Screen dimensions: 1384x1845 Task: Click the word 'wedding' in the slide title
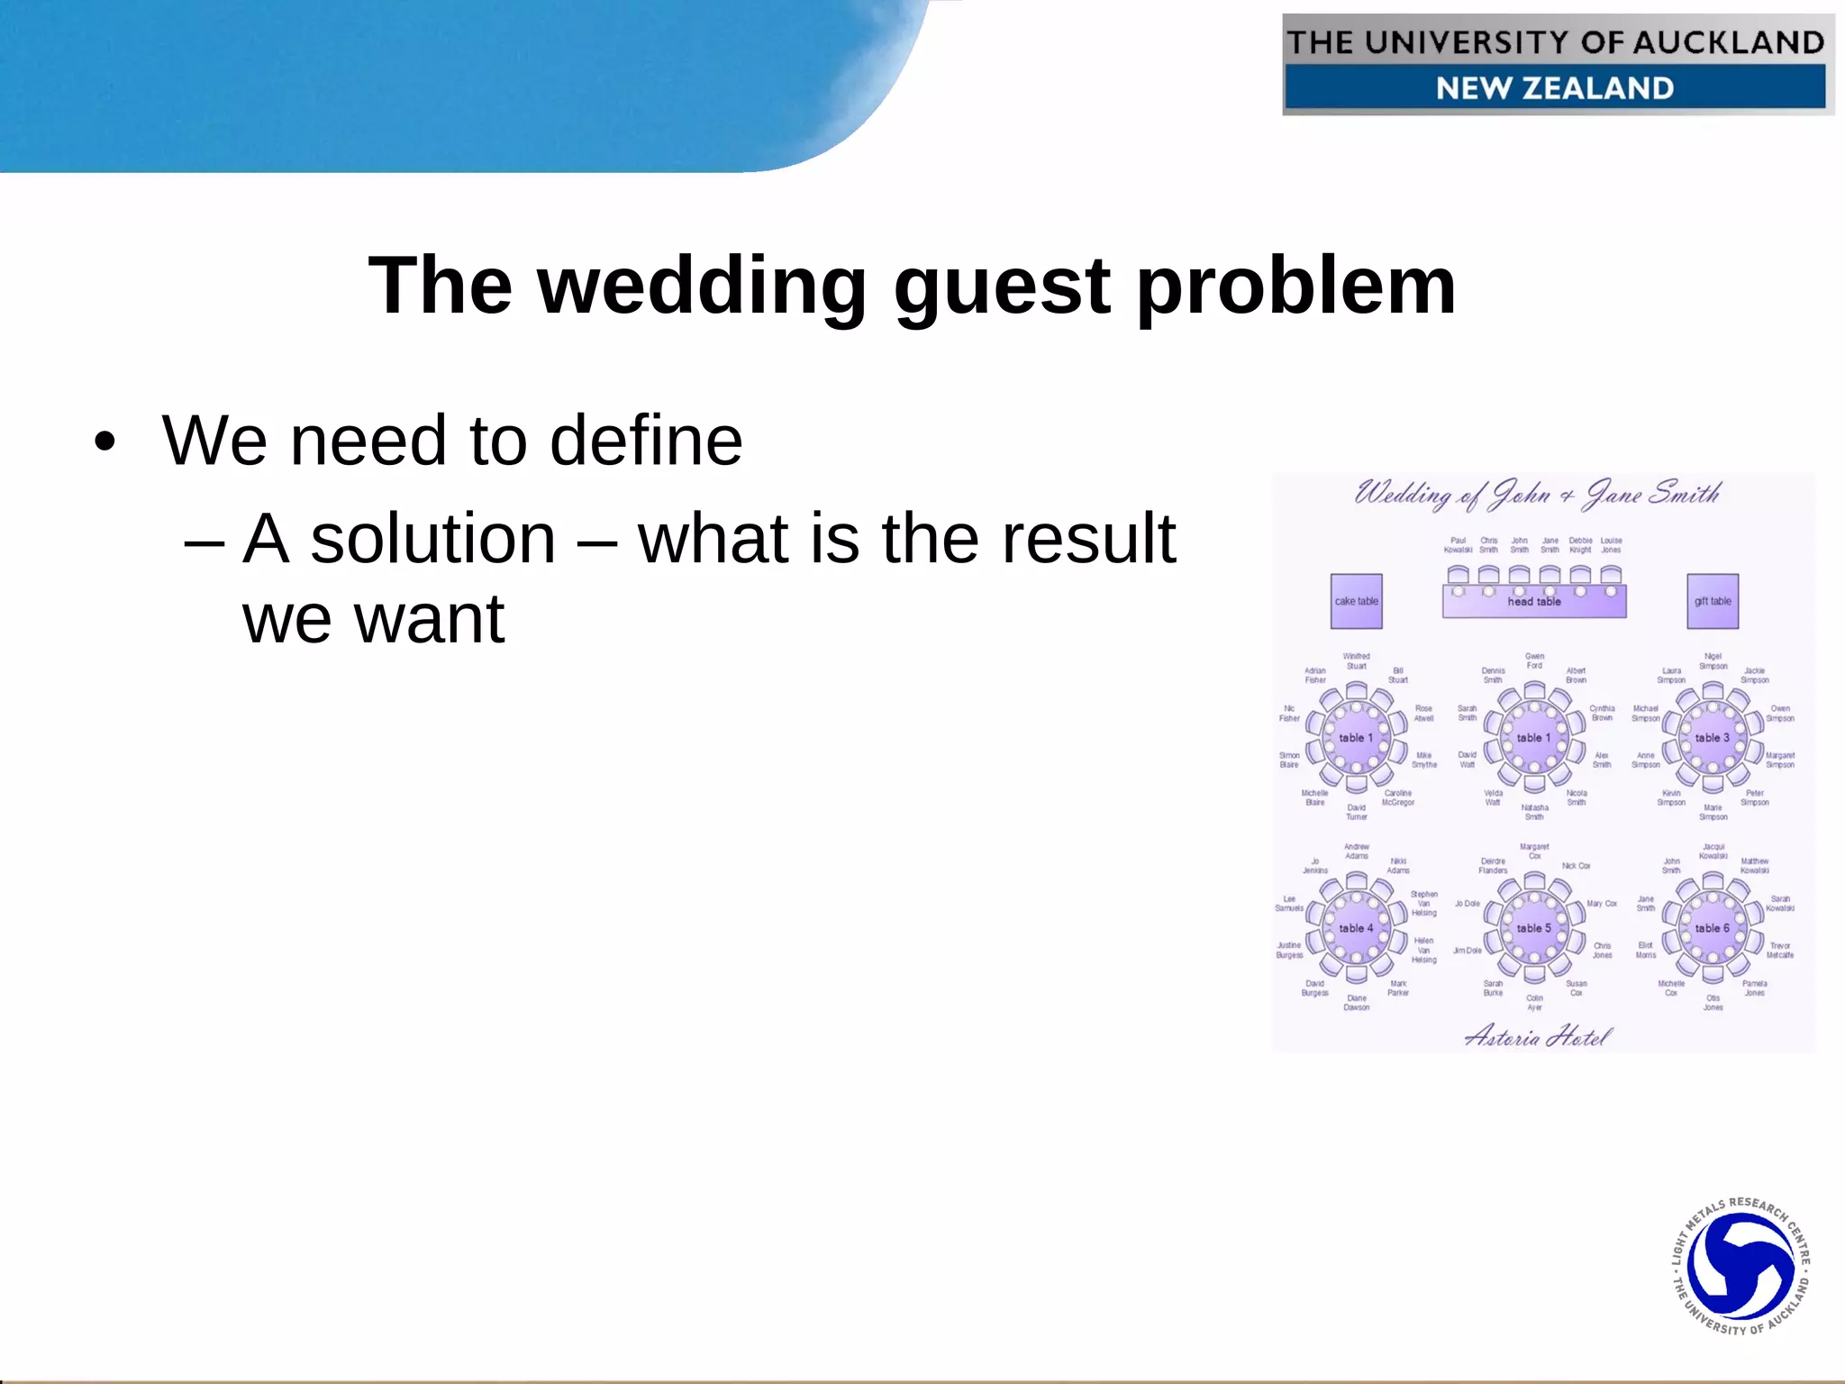click(x=702, y=287)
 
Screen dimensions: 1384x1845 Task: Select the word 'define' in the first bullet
click(x=646, y=441)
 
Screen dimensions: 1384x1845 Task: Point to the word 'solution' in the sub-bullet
click(x=433, y=539)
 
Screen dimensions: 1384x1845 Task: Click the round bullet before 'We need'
click(x=105, y=442)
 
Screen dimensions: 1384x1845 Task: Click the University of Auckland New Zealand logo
click(x=1557, y=65)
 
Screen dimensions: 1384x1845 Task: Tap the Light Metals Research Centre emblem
click(x=1740, y=1265)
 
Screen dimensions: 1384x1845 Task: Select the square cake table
click(x=1356, y=601)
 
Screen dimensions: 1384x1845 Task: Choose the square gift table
click(x=1712, y=601)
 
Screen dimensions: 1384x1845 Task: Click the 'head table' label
click(x=1534, y=601)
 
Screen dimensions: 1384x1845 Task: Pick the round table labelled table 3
click(x=1712, y=737)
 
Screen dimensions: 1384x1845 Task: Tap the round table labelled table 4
click(x=1356, y=928)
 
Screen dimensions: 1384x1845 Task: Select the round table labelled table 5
click(x=1534, y=928)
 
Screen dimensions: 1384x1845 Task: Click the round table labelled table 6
click(x=1712, y=928)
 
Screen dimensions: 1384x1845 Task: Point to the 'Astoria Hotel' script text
click(x=1537, y=1037)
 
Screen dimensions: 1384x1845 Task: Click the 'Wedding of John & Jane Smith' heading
click(x=1537, y=494)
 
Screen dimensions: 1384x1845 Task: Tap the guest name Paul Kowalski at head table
click(x=1458, y=545)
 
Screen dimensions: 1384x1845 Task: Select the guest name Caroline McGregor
click(x=1398, y=797)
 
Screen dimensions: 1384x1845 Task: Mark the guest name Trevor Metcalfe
click(x=1780, y=950)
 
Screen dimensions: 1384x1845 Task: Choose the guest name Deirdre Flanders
click(x=1493, y=865)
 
